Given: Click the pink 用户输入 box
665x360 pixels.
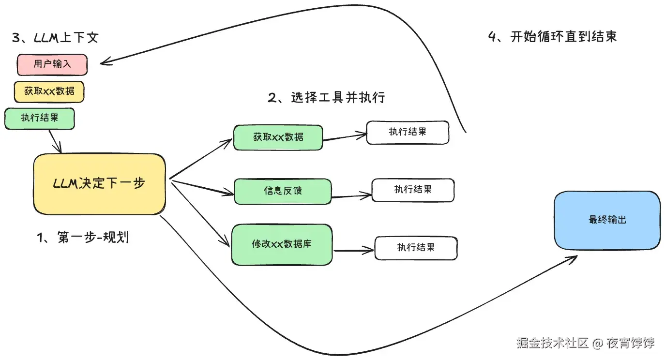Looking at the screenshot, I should [52, 65].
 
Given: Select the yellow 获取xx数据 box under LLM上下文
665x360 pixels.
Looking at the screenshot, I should [49, 91].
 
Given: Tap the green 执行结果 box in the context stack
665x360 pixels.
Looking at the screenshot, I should [40, 119].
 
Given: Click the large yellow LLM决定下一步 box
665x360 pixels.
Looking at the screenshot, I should [99, 184].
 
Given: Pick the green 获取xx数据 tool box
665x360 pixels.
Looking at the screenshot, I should [278, 137].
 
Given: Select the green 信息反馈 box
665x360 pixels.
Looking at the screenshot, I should [283, 191].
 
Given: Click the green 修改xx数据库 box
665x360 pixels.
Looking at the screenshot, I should [282, 244].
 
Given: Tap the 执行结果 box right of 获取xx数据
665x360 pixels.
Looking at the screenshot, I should [408, 132].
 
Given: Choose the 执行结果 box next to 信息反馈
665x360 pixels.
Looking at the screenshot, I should [413, 190].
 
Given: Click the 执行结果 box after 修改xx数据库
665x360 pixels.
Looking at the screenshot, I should [416, 248].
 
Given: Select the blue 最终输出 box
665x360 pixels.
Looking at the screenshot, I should [607, 220].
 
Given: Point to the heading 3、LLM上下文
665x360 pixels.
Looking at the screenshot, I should [55, 38].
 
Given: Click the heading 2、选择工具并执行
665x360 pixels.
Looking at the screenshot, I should [326, 98].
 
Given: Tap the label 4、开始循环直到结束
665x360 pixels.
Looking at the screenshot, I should [552, 37].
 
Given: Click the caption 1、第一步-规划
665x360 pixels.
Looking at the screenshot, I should [83, 237].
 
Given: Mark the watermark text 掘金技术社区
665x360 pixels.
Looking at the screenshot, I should [552, 343].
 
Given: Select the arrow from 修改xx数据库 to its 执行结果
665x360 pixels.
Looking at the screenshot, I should [353, 251].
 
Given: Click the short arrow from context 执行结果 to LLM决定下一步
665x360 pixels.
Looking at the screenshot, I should [55, 141].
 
